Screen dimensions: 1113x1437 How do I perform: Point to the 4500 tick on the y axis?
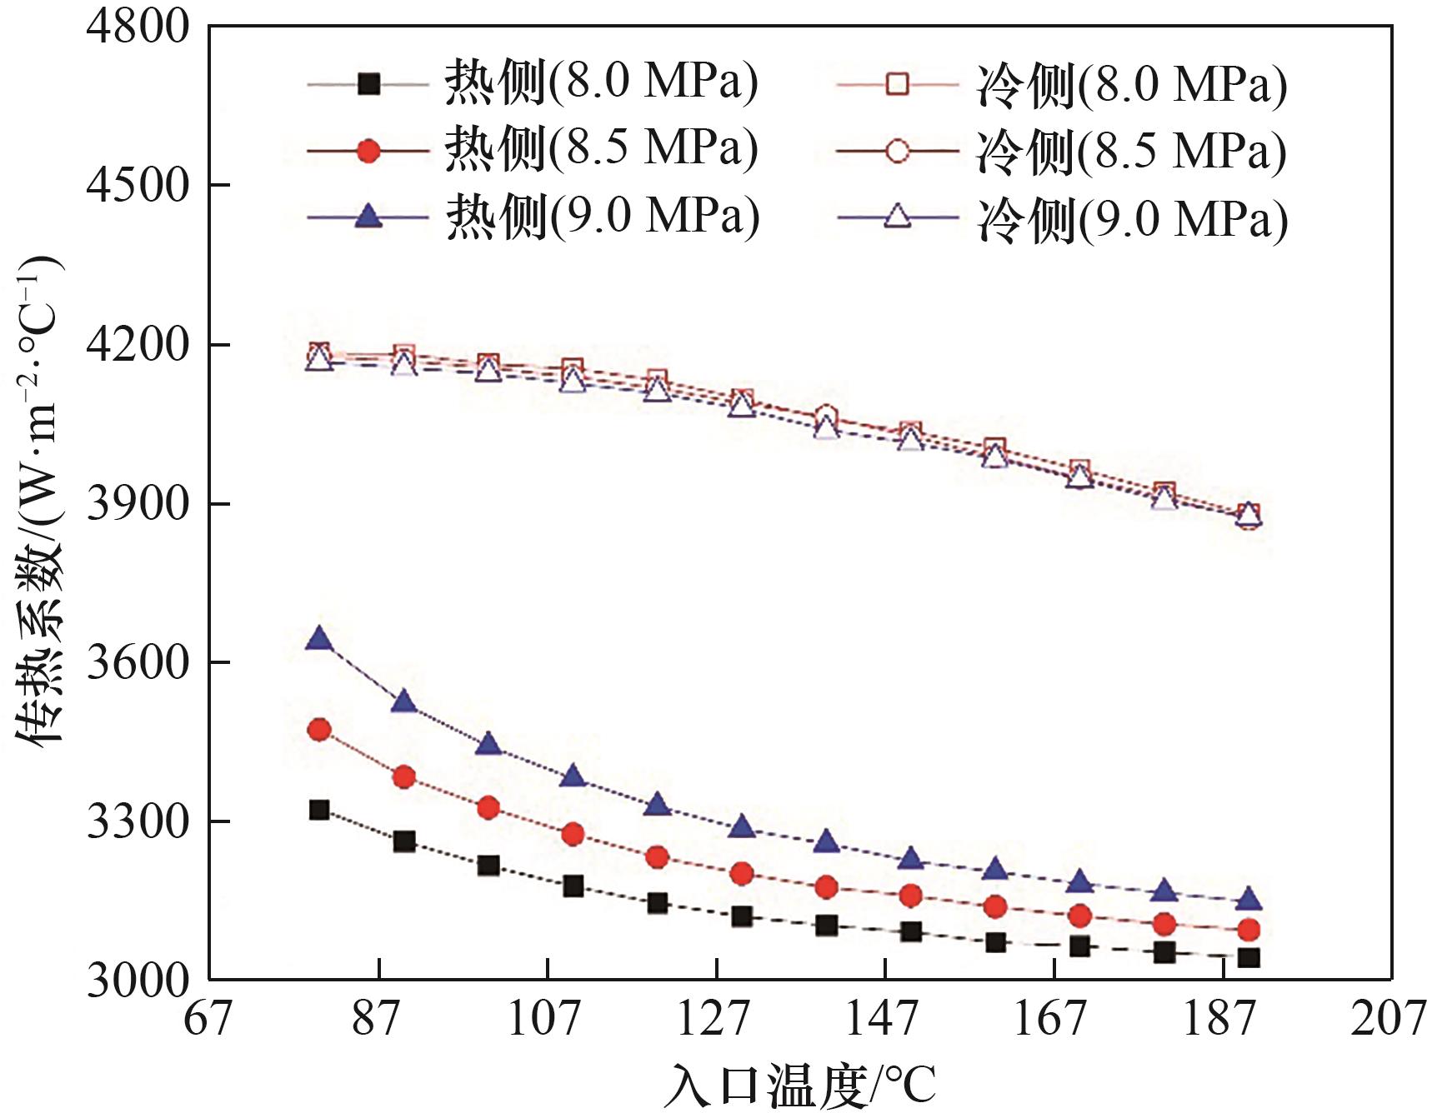pos(138,185)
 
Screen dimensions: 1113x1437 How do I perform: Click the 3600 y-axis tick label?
pos(138,662)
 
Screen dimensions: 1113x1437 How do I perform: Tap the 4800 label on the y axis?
pos(138,26)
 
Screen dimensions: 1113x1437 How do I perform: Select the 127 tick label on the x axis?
pos(714,1017)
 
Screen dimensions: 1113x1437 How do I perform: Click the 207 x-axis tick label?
pos(1388,1017)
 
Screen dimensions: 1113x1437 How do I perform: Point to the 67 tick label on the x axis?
pos(208,1017)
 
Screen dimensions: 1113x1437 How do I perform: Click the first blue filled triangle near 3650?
pos(319,640)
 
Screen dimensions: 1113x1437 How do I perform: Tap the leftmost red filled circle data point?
pos(319,730)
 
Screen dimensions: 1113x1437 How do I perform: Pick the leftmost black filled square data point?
pos(319,810)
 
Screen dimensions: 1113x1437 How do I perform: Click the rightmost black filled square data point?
pos(1249,957)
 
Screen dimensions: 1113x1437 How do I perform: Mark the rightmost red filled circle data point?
pos(1249,929)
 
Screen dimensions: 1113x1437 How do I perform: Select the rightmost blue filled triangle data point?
pos(1249,900)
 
